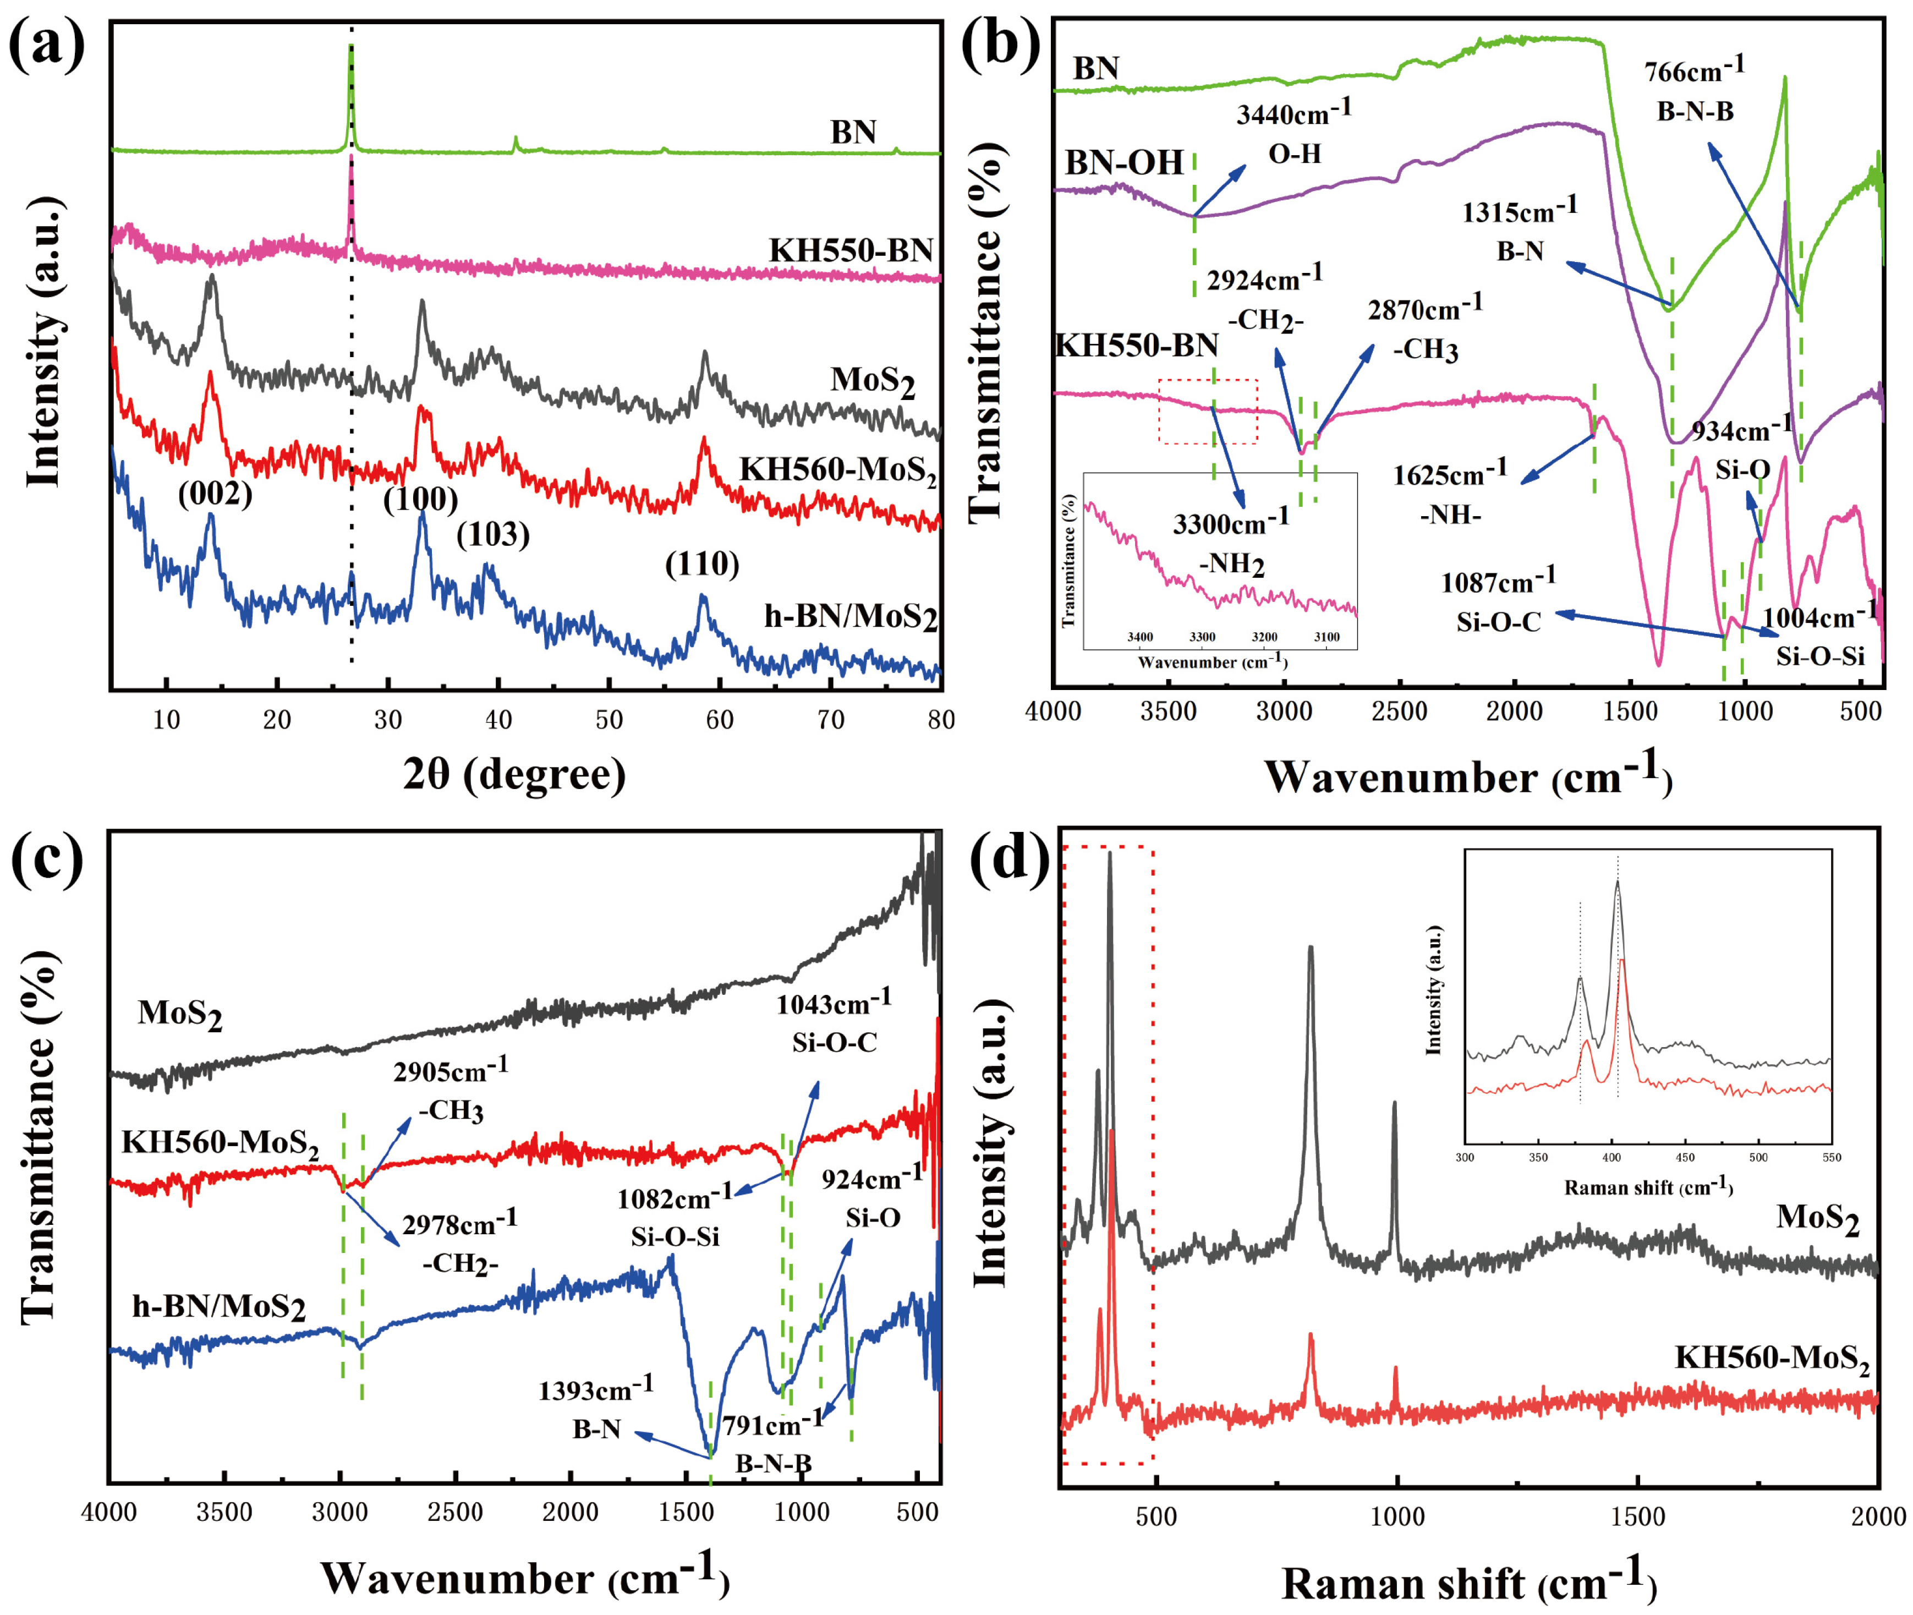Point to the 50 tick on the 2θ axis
tap(609, 720)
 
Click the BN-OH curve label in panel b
tap(1124, 163)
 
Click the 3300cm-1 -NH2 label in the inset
tap(1231, 543)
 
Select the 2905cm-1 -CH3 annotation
tap(451, 1090)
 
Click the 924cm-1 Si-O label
tap(871, 1197)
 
